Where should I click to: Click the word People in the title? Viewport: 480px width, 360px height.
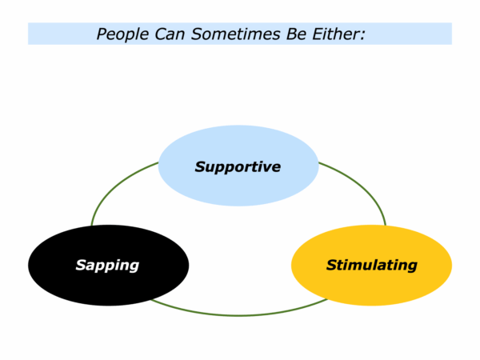click(x=122, y=34)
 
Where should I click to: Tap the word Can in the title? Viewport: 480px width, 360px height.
click(x=170, y=34)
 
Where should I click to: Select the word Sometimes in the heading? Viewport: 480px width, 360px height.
click(x=235, y=34)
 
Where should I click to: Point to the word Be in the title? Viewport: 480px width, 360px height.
click(x=296, y=34)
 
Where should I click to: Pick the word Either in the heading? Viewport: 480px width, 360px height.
click(x=335, y=34)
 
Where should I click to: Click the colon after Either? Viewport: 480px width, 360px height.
click(x=362, y=35)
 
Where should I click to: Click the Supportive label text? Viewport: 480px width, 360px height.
click(x=238, y=167)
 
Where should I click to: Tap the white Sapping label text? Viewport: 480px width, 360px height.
click(x=107, y=266)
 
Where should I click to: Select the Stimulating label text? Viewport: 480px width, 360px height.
click(x=372, y=266)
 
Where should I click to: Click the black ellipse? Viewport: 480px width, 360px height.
click(x=108, y=265)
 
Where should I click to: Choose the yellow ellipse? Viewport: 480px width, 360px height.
click(x=371, y=265)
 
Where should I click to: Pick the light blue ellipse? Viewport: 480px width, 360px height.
click(x=238, y=166)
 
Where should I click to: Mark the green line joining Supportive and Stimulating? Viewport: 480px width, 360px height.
click(x=362, y=186)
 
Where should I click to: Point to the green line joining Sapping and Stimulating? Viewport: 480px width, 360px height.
click(x=238, y=315)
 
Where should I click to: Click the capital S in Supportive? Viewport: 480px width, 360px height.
click(x=201, y=167)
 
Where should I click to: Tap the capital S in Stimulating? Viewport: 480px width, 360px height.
click(x=332, y=265)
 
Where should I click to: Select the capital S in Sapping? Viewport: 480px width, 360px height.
click(x=82, y=265)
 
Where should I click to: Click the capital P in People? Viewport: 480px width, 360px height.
click(x=102, y=34)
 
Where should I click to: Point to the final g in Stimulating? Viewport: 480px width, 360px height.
click(x=412, y=267)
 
